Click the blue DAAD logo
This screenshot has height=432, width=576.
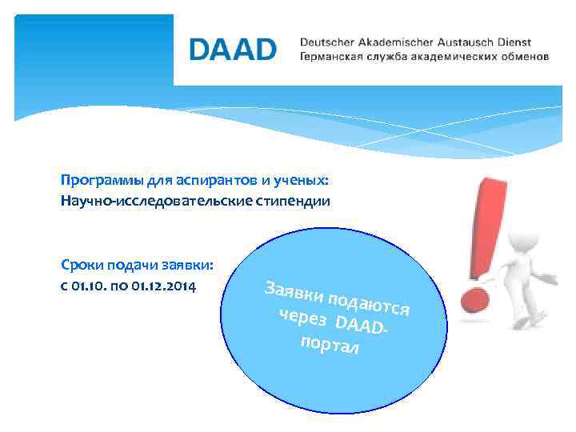(233, 50)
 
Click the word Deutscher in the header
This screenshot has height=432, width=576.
(326, 42)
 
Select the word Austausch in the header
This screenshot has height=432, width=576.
(467, 42)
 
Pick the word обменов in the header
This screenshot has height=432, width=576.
(524, 58)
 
